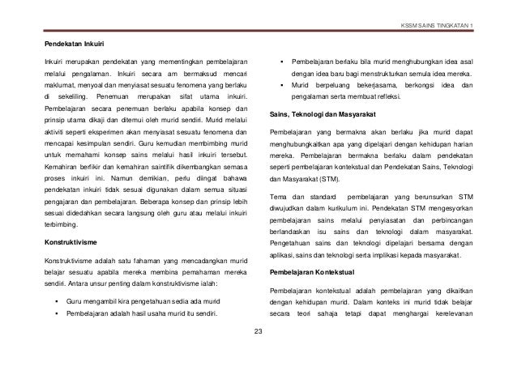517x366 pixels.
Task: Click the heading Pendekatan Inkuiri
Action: click(78, 42)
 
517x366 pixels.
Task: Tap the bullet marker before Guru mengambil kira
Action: click(56, 300)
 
